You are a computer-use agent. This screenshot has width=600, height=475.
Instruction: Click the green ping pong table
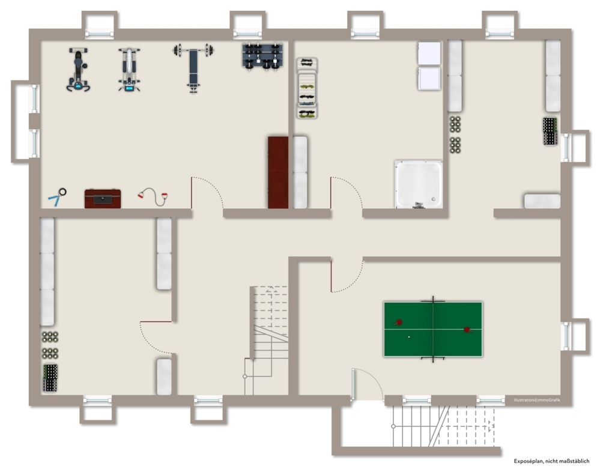433,329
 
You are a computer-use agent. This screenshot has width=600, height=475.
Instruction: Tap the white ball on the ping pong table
409,337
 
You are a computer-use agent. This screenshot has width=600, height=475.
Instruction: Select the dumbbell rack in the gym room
262,56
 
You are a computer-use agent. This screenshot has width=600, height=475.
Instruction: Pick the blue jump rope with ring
57,196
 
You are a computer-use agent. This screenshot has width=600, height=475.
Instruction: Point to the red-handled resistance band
153,196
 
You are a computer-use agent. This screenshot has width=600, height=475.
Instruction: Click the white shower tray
419,184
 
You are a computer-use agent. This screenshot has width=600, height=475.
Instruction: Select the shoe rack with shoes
307,88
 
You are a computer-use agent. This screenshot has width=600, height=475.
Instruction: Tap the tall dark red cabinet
278,172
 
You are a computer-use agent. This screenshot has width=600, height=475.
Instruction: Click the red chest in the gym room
103,199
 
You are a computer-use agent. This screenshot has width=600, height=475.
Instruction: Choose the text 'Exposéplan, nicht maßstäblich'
551,461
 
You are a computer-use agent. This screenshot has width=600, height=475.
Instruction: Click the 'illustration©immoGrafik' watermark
537,400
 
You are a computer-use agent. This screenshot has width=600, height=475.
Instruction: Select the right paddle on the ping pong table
468,330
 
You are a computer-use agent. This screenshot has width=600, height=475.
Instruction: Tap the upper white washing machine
429,53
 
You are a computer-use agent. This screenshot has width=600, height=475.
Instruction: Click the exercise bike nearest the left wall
78,70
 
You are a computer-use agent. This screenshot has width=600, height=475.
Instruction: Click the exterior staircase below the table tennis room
444,426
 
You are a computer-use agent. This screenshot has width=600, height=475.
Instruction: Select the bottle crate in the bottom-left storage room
50,378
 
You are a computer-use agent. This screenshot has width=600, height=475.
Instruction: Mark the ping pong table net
433,329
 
